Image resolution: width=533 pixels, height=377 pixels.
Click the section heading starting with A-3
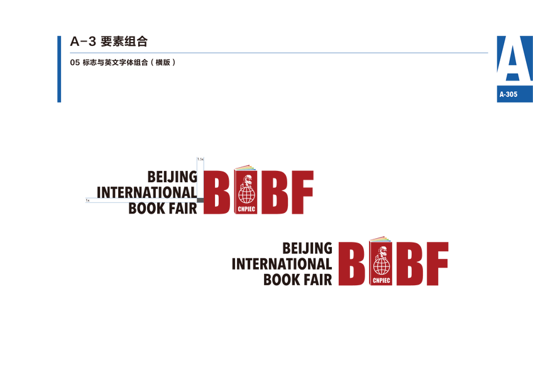coord(109,43)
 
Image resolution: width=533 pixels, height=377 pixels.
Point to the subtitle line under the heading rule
coord(122,62)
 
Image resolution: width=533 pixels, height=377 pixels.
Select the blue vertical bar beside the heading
coord(59,69)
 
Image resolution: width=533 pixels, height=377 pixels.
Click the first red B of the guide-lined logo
coord(216,192)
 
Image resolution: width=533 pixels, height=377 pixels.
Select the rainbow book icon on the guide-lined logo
coord(246,168)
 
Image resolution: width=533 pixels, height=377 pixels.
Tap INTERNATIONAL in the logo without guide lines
coord(282,263)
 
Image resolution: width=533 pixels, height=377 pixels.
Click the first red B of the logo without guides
coord(351,264)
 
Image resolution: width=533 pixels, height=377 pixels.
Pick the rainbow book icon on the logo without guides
coord(380,239)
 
